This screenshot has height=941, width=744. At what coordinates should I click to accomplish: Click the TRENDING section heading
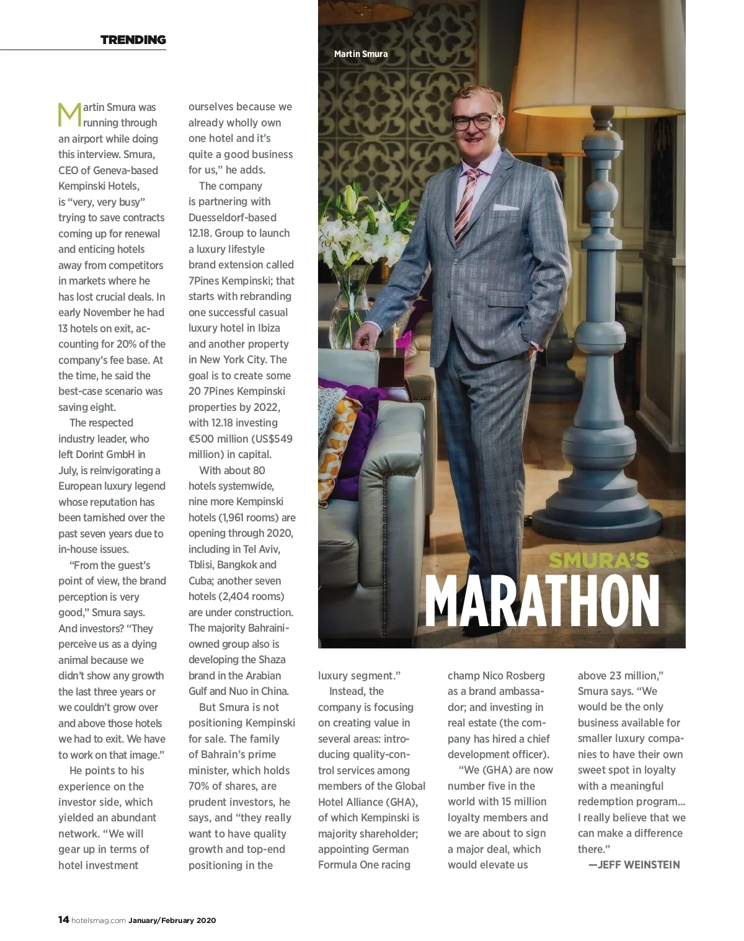tap(133, 40)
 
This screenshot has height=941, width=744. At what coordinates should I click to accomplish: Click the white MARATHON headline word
tap(542, 602)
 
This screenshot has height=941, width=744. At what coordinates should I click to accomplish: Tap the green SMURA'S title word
tap(599, 560)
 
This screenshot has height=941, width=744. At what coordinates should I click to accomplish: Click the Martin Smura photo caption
tap(361, 54)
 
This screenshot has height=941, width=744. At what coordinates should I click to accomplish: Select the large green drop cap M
tap(69, 115)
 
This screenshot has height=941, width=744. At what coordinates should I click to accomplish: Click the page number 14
tap(63, 920)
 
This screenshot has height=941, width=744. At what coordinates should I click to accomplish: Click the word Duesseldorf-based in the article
tap(232, 218)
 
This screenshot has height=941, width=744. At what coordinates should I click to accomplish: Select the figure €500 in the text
tap(202, 439)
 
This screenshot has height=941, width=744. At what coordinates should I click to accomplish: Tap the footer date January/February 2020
tap(172, 921)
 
